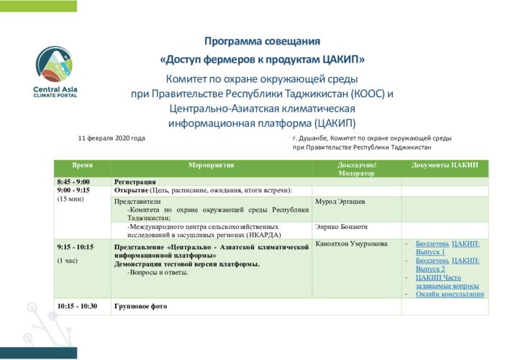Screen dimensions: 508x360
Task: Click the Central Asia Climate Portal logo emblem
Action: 54,64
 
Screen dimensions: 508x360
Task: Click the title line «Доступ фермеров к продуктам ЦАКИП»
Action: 262,59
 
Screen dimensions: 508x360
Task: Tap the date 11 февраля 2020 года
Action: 112,138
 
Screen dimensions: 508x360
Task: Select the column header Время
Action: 82,165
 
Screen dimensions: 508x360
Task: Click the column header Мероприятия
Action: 212,165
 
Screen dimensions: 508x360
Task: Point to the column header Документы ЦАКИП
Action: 445,165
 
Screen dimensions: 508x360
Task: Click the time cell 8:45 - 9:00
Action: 73,181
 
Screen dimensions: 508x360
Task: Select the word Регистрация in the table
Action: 135,181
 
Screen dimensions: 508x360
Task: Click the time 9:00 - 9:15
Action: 73,190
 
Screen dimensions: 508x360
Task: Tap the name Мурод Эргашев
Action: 340,202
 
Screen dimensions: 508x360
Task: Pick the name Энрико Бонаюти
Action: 342,227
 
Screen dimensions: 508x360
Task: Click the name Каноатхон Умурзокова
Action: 351,243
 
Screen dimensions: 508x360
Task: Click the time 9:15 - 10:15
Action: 76,247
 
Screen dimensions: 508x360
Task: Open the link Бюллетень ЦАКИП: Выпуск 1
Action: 448,248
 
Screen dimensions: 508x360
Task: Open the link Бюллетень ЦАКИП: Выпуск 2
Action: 448,265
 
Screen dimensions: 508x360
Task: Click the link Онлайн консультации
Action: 450,294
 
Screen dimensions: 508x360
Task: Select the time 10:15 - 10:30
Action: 77,306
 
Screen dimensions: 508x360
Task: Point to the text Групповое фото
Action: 140,306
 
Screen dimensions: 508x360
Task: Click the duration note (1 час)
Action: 68,261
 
